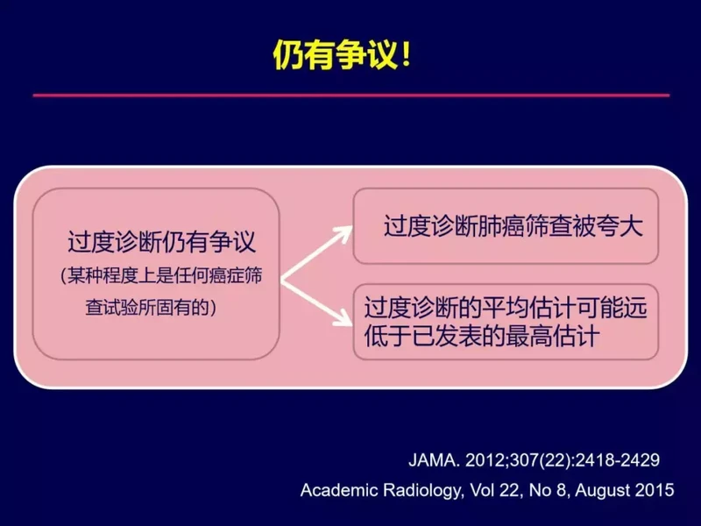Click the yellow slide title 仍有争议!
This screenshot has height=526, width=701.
click(x=342, y=55)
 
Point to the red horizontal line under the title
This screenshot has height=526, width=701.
click(x=351, y=96)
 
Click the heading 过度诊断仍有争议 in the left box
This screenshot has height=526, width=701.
click(x=161, y=242)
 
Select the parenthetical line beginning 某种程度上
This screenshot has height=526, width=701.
click(x=161, y=276)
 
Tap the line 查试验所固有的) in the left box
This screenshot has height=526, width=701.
click(x=151, y=308)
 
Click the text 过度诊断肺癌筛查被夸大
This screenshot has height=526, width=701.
click(x=513, y=226)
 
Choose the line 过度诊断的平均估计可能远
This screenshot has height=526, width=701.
click(x=506, y=308)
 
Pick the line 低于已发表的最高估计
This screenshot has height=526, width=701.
click(x=481, y=336)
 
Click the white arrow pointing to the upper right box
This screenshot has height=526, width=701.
click(x=316, y=253)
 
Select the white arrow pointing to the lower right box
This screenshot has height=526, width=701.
click(x=316, y=302)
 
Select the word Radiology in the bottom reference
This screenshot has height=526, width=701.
click(x=422, y=491)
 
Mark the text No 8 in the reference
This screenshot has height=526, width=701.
click(x=549, y=490)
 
